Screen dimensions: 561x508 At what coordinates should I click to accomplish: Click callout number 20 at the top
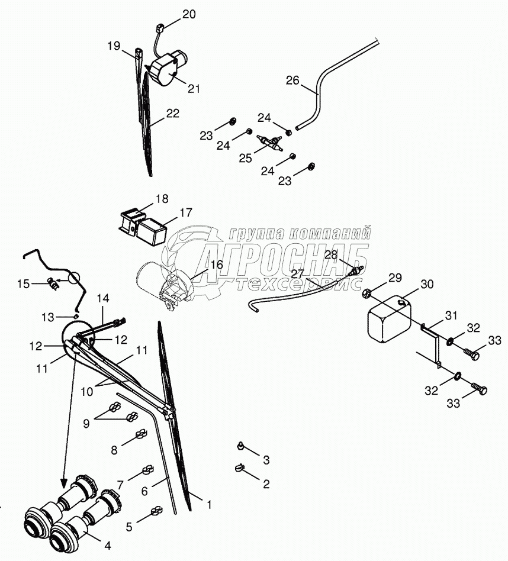pos(189,15)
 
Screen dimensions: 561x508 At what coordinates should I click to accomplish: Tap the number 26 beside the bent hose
pos(293,80)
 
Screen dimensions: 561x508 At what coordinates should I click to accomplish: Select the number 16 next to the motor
pos(217,264)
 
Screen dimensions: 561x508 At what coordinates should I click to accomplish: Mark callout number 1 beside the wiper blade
pos(208,505)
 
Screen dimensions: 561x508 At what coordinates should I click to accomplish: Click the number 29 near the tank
pos(394,278)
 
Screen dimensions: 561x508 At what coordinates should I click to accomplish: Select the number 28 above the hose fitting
pos(330,254)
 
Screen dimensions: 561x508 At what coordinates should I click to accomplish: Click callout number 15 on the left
pos(23,284)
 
